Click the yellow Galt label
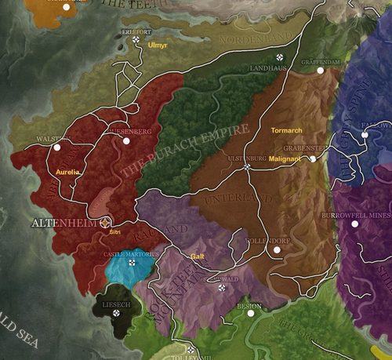coord(197,256)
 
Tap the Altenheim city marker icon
coord(106,223)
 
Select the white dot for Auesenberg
coord(127,141)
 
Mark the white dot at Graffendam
coord(320,71)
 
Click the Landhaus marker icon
coord(279,57)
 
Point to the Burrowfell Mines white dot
coord(354,224)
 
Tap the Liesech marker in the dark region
coord(117,313)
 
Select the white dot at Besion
coord(251,313)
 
